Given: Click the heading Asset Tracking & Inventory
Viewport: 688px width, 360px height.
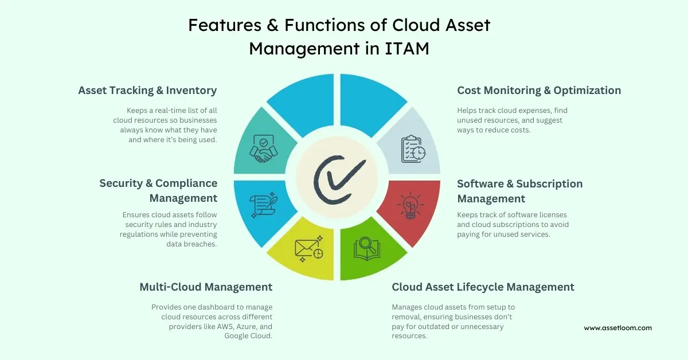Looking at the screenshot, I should tap(147, 91).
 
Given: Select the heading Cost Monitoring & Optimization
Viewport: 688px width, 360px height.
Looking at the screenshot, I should tap(539, 91).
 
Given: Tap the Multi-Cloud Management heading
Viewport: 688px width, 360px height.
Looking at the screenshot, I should tap(206, 287).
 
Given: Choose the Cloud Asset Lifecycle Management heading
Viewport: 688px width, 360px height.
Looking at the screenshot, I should tap(483, 287).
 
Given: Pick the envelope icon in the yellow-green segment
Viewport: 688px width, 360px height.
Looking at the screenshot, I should tap(308, 248).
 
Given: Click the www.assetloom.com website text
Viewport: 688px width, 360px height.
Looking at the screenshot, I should tap(618, 328).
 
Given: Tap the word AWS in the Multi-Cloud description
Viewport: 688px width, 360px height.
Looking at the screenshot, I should tap(221, 327).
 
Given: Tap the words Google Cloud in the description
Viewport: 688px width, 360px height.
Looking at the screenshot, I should tap(248, 336).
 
